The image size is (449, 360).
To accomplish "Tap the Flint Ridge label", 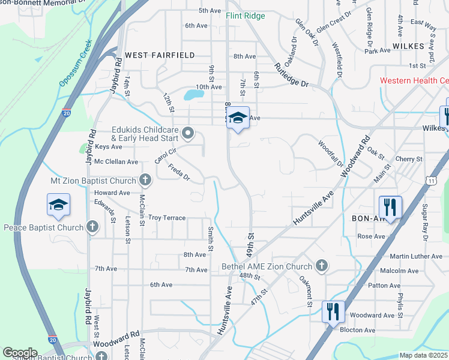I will click(245, 16).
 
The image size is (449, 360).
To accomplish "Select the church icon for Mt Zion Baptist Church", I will click(145, 179).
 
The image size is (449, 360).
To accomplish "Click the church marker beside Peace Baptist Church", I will click(92, 227).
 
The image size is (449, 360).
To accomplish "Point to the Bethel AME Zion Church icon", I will click(322, 265).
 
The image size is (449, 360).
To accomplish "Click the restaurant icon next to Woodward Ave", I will click(333, 313).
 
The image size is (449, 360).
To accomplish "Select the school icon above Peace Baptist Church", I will click(58, 205).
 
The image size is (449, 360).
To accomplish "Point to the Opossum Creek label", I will click(76, 63).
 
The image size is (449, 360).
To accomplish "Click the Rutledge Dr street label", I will click(291, 76).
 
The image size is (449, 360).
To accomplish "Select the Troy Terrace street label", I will click(167, 218).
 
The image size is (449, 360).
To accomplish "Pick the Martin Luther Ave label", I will click(420, 256).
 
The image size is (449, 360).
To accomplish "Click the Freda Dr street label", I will click(179, 173).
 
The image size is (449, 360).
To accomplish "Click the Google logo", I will click(20, 353).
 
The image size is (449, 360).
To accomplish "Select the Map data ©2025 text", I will click(423, 355).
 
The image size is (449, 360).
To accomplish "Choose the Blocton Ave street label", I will click(357, 330).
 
